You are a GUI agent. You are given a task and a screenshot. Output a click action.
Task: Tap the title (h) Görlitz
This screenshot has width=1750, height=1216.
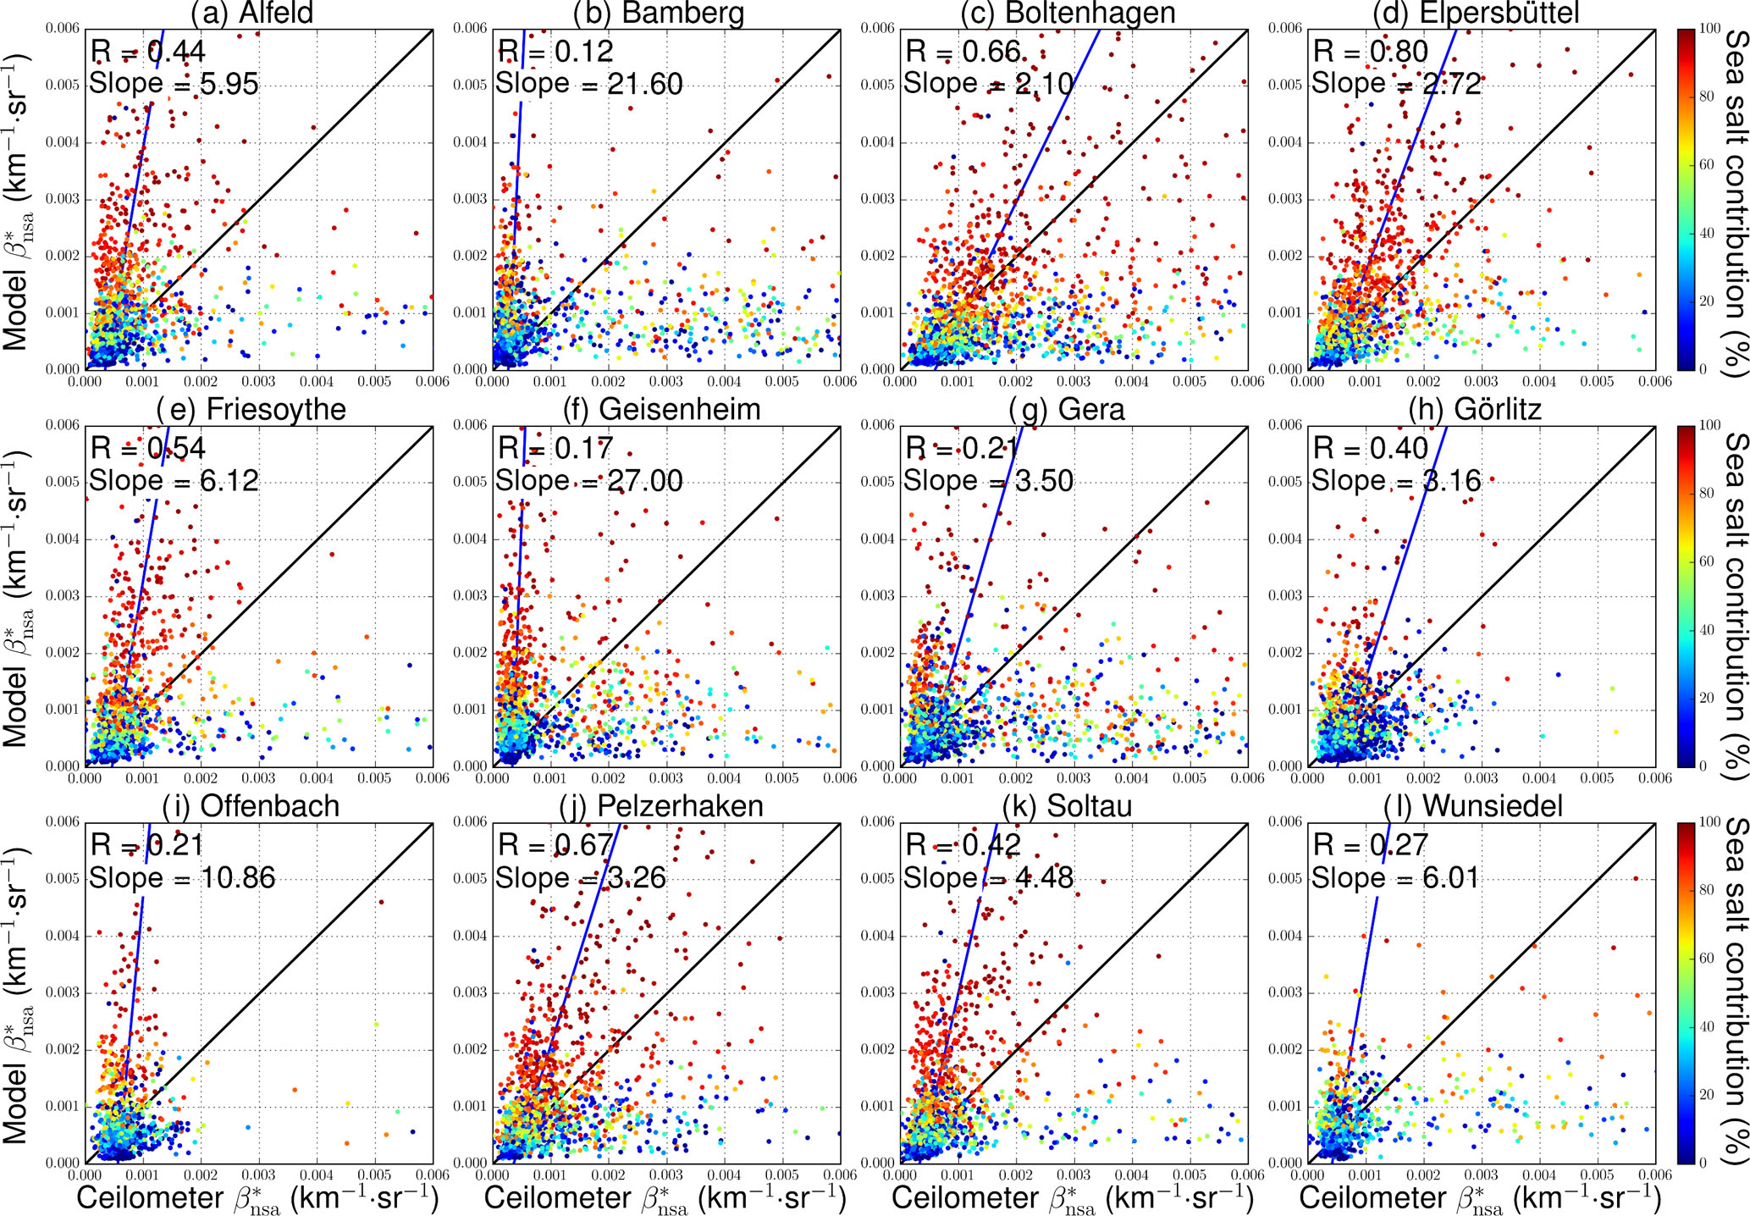click(1475, 409)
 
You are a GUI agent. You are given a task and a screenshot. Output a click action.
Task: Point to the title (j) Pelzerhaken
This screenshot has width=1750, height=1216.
click(660, 806)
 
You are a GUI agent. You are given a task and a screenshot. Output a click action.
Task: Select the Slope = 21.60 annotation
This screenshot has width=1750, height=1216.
click(589, 83)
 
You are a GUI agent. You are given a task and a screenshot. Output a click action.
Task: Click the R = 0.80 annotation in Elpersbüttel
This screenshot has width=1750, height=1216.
click(1370, 52)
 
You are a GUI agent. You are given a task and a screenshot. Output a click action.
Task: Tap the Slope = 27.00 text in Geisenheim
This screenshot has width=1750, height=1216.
click(589, 480)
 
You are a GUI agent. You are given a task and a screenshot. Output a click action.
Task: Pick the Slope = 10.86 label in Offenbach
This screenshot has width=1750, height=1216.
click(183, 877)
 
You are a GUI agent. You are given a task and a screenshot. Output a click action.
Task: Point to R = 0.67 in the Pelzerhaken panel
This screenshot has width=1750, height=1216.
click(555, 845)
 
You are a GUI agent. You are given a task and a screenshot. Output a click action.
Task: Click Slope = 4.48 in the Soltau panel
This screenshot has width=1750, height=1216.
click(988, 877)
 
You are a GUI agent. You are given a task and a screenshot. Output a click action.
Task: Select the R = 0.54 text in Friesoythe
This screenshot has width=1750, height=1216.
click(148, 448)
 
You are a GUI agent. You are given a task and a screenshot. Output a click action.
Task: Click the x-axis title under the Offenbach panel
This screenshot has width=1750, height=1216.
click(257, 1198)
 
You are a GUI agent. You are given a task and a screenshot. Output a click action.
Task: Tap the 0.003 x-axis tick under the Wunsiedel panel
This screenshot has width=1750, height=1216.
click(1482, 1175)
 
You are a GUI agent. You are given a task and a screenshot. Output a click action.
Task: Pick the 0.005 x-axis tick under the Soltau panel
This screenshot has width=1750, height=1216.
click(1190, 1175)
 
